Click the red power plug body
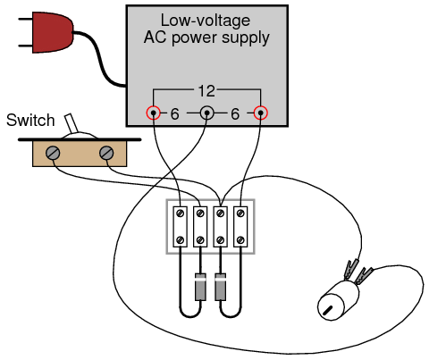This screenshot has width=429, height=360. click(x=53, y=32)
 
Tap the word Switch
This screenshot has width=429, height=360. click(x=30, y=121)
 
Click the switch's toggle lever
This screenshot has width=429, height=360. click(x=71, y=123)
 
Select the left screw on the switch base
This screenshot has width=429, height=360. click(x=53, y=154)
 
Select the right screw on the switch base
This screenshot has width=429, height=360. click(x=106, y=154)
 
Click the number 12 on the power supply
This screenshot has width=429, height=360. click(x=206, y=91)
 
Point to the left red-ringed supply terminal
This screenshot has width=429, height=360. click(x=153, y=113)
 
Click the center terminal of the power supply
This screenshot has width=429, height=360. click(x=206, y=113)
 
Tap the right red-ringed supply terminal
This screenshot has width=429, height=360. click(x=260, y=113)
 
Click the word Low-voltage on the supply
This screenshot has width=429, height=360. click(x=206, y=21)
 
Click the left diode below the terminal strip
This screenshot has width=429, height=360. click(x=200, y=287)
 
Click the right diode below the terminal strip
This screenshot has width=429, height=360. click(x=220, y=287)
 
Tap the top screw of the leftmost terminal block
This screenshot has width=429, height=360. click(x=181, y=213)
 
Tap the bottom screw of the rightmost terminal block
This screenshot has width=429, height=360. click(x=240, y=239)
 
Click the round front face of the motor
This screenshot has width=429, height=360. click(x=331, y=307)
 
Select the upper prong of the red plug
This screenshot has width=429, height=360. click(x=25, y=19)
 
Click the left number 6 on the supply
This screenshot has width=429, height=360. click(x=175, y=114)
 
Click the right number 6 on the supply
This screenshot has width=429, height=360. click(x=235, y=114)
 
